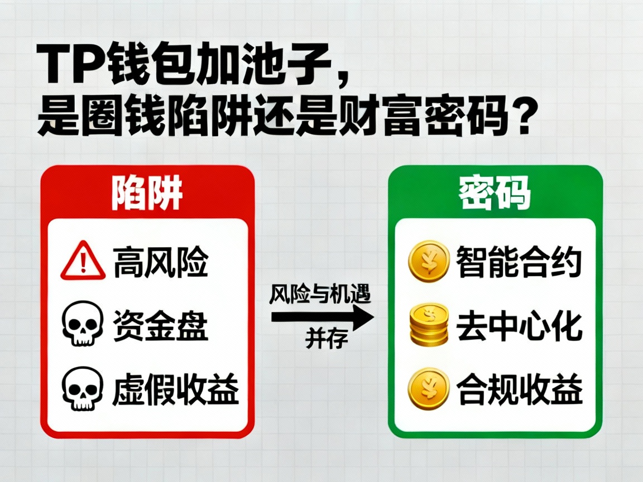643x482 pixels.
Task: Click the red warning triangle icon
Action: point(83,261)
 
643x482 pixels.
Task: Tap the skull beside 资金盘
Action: point(83,323)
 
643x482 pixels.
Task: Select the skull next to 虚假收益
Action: point(83,388)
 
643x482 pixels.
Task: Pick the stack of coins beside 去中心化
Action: point(429,325)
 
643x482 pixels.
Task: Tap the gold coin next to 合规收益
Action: point(429,389)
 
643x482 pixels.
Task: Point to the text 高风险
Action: point(161,262)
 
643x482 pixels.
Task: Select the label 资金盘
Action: point(161,325)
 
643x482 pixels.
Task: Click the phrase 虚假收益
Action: point(176,388)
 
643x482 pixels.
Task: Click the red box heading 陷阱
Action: point(147,193)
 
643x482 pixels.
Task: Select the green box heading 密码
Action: point(495,193)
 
